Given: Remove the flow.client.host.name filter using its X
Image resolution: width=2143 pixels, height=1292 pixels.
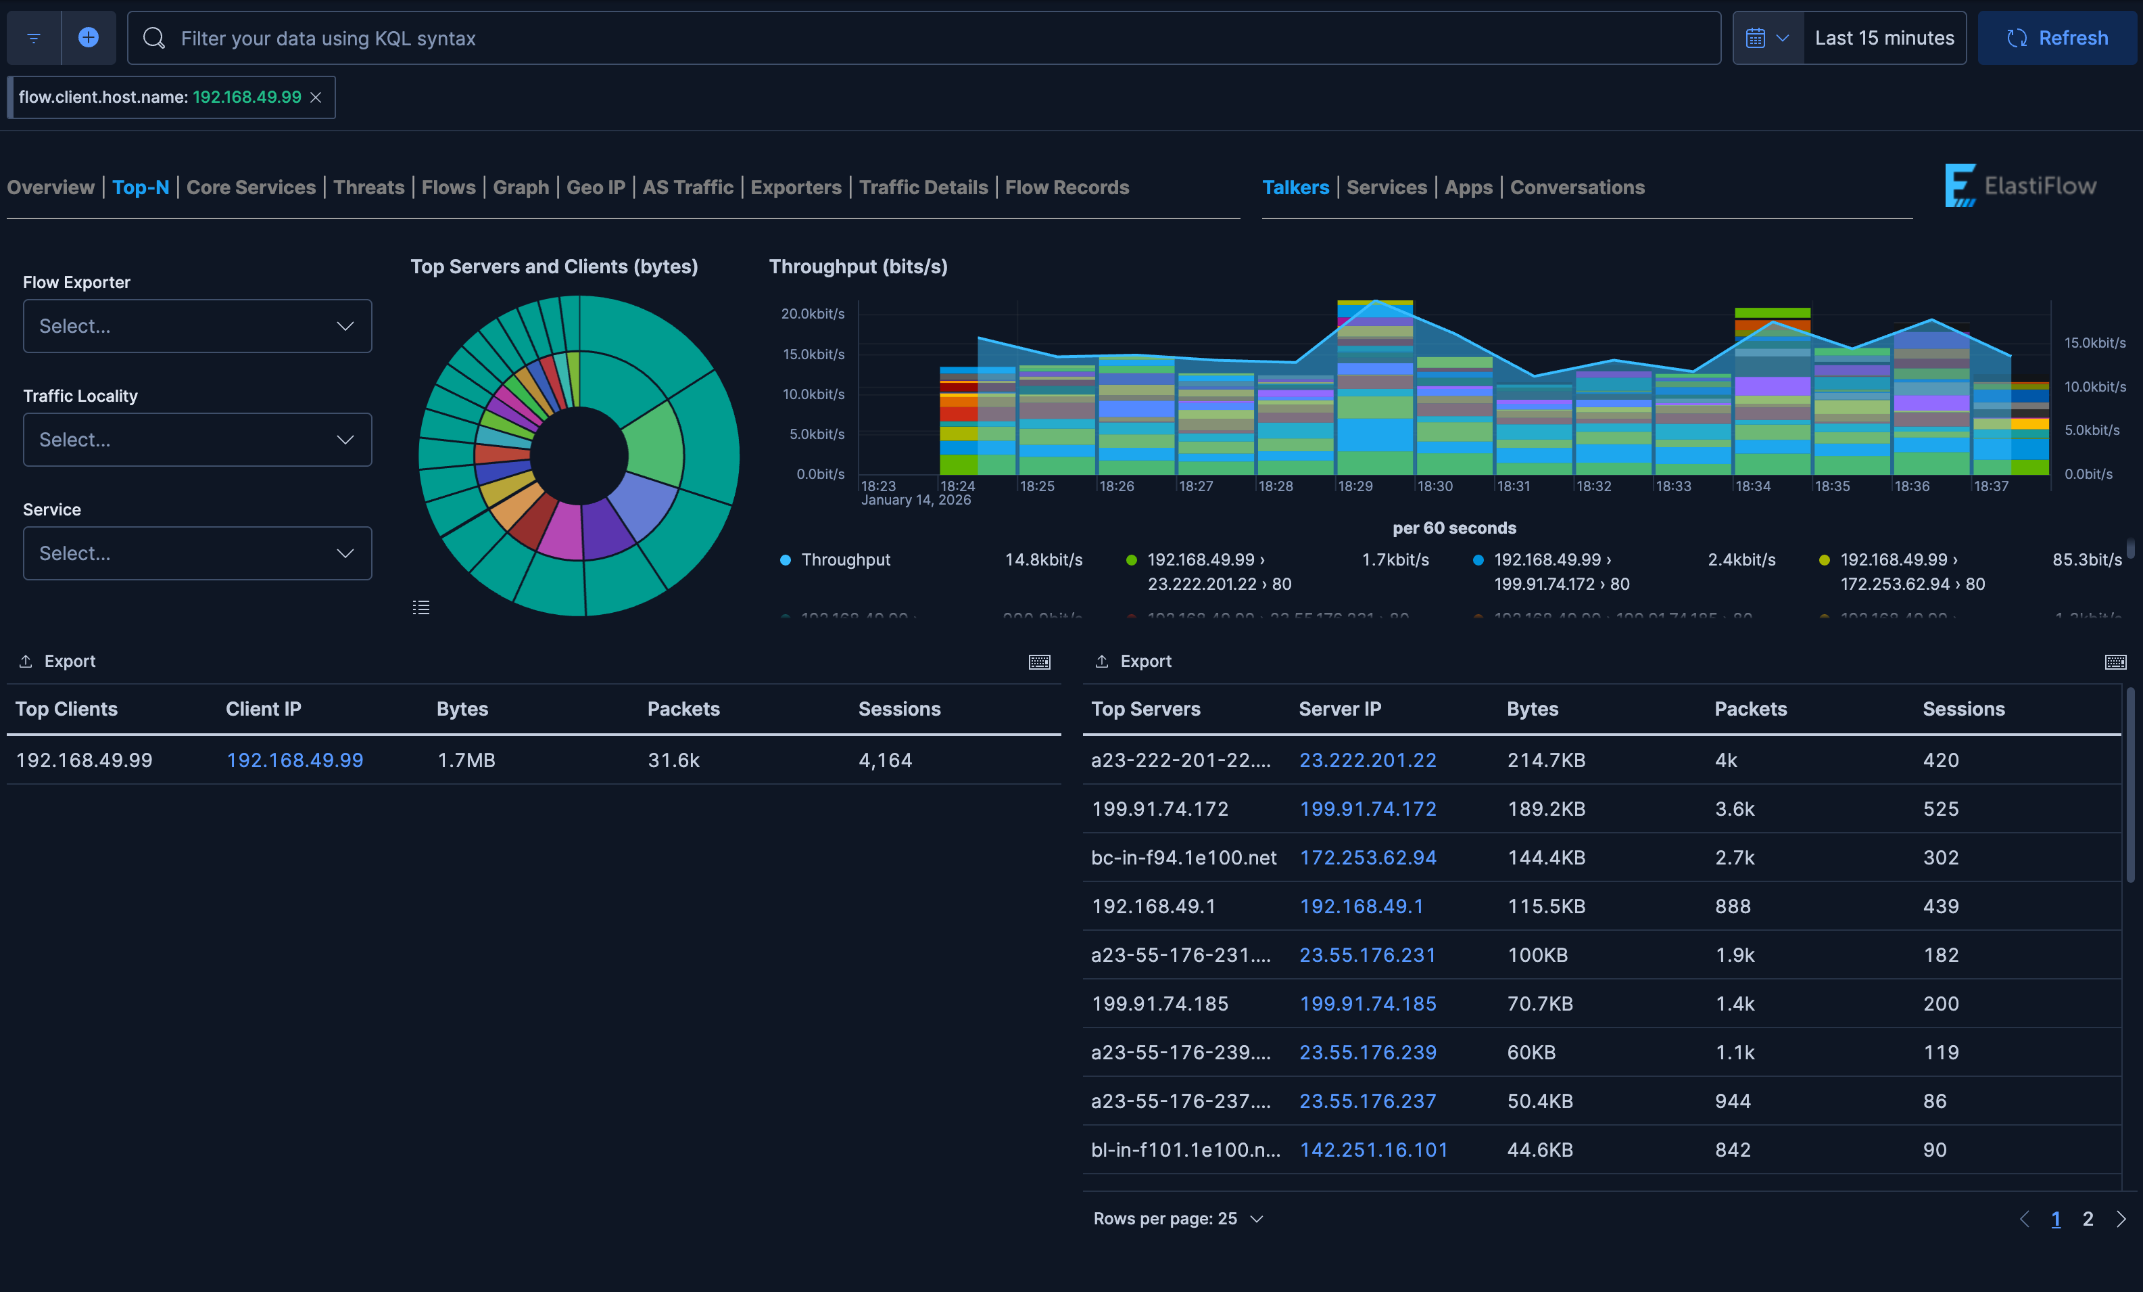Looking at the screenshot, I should click(316, 97).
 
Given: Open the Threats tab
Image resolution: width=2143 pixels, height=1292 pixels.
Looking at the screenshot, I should click(368, 187).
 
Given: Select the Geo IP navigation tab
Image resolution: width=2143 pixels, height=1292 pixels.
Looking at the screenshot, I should click(595, 187).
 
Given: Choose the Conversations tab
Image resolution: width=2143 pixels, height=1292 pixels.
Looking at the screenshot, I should click(1576, 187).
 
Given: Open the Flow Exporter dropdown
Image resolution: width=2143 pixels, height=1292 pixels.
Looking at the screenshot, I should click(197, 326).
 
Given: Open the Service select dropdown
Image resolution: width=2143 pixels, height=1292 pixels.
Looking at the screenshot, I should click(197, 553).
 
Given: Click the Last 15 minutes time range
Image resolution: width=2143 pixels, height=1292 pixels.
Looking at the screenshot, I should click(1884, 39).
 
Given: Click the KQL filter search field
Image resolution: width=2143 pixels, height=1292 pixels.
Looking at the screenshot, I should click(922, 39).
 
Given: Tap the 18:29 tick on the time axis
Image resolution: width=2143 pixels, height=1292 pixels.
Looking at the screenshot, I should click(1355, 486).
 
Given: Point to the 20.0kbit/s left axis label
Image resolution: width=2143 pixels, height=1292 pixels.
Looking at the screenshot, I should click(813, 314).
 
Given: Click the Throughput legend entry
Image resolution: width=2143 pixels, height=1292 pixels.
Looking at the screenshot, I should click(846, 559).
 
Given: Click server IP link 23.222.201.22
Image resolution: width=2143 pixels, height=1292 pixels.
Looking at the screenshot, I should click(1367, 760).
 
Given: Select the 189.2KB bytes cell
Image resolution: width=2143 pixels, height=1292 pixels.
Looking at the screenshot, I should click(1545, 809).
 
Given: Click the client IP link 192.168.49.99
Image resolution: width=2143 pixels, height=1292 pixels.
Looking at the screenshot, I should click(295, 760).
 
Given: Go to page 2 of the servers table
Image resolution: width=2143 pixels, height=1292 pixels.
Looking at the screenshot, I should click(2088, 1219).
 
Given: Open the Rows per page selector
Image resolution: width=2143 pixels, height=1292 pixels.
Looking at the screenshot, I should click(1178, 1219).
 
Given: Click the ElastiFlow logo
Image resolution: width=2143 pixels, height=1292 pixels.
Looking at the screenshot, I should click(2021, 185).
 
